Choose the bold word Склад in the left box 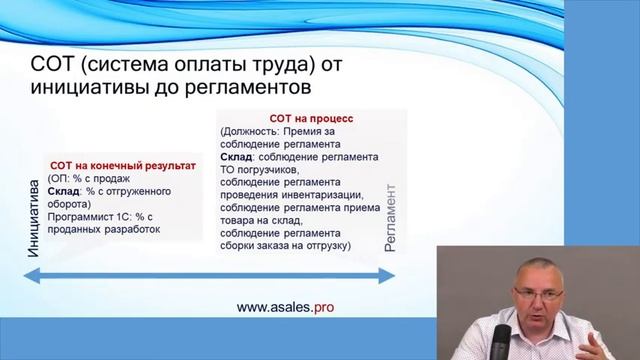pyautogui.click(x=66, y=190)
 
